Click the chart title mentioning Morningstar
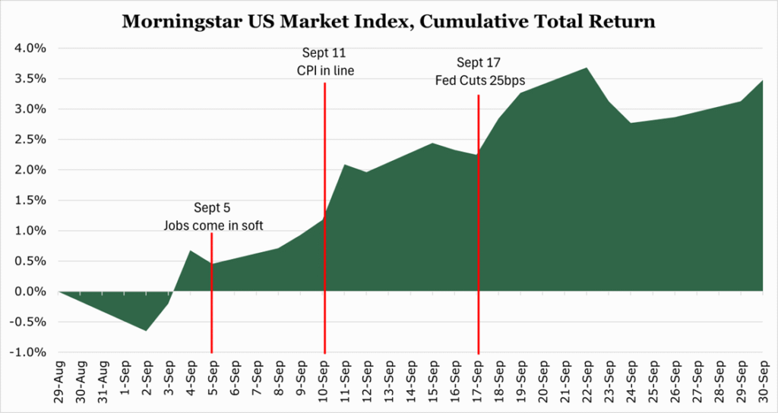388,22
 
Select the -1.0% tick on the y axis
29,353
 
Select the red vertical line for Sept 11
325,228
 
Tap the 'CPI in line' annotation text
325,71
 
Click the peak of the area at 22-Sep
587,68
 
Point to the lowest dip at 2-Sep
146,330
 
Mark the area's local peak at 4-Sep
190,251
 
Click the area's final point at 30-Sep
762,80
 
